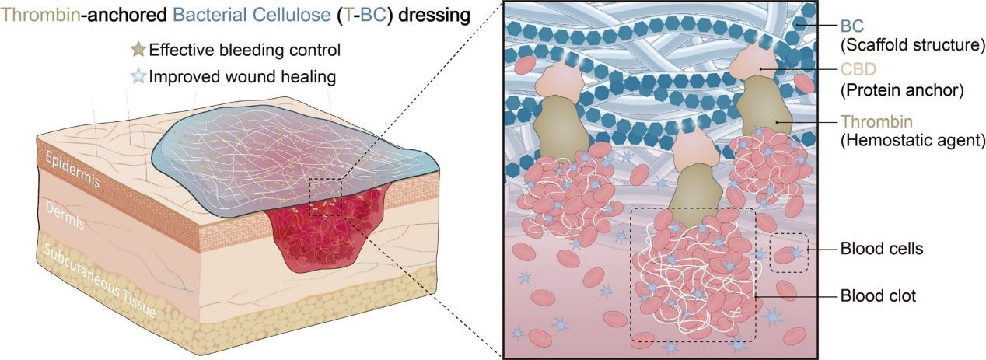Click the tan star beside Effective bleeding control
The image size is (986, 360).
tap(138, 52)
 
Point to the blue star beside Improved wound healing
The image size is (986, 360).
tap(138, 76)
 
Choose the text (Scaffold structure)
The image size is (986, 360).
tap(914, 45)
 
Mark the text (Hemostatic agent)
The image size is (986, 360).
tap(914, 140)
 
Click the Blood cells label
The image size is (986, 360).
tap(881, 250)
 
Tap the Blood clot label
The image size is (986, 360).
tap(877, 296)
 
